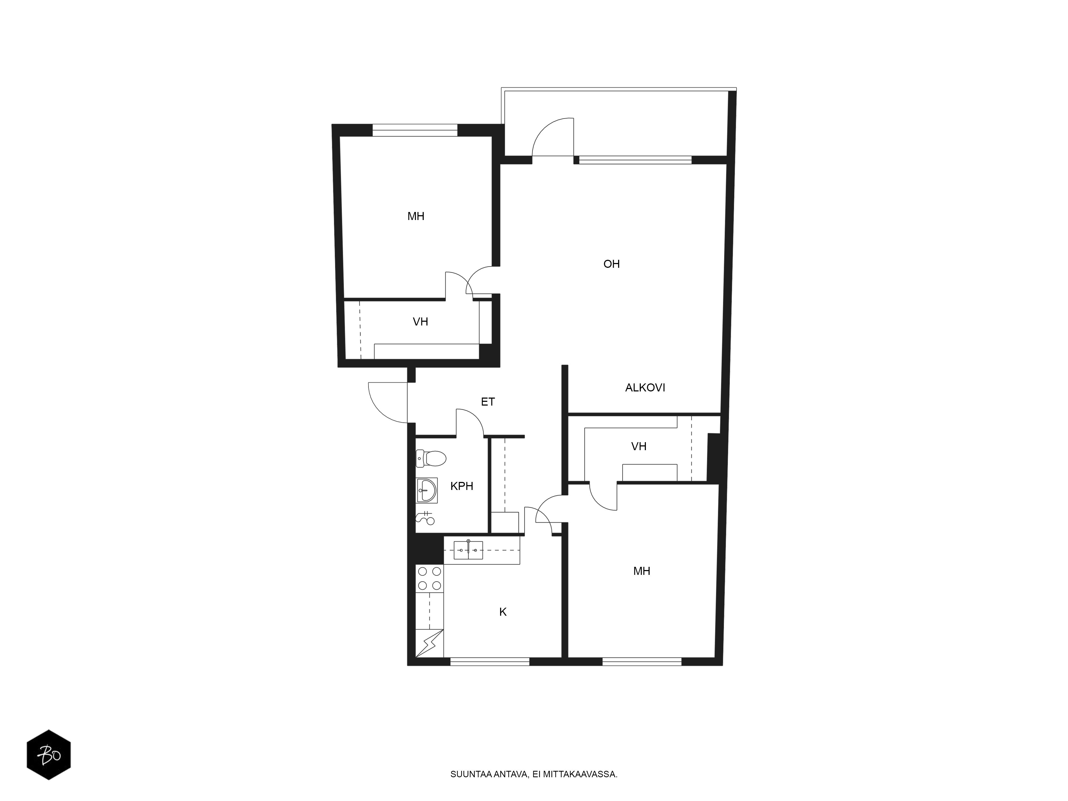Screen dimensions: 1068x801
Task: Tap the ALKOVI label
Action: point(645,388)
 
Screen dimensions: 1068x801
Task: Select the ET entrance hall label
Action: point(488,402)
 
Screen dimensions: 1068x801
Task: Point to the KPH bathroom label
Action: point(462,486)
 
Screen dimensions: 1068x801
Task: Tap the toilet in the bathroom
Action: point(430,458)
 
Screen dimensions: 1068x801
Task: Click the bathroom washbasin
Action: point(427,490)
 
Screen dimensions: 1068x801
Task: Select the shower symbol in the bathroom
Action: point(425,518)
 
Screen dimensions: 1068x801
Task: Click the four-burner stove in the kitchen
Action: point(429,578)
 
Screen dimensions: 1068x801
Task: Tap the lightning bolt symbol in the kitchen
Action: point(429,643)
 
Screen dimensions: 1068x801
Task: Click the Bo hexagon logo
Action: point(49,754)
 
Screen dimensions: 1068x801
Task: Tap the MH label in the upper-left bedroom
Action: point(416,216)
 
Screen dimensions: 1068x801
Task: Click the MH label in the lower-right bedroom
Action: point(642,571)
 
